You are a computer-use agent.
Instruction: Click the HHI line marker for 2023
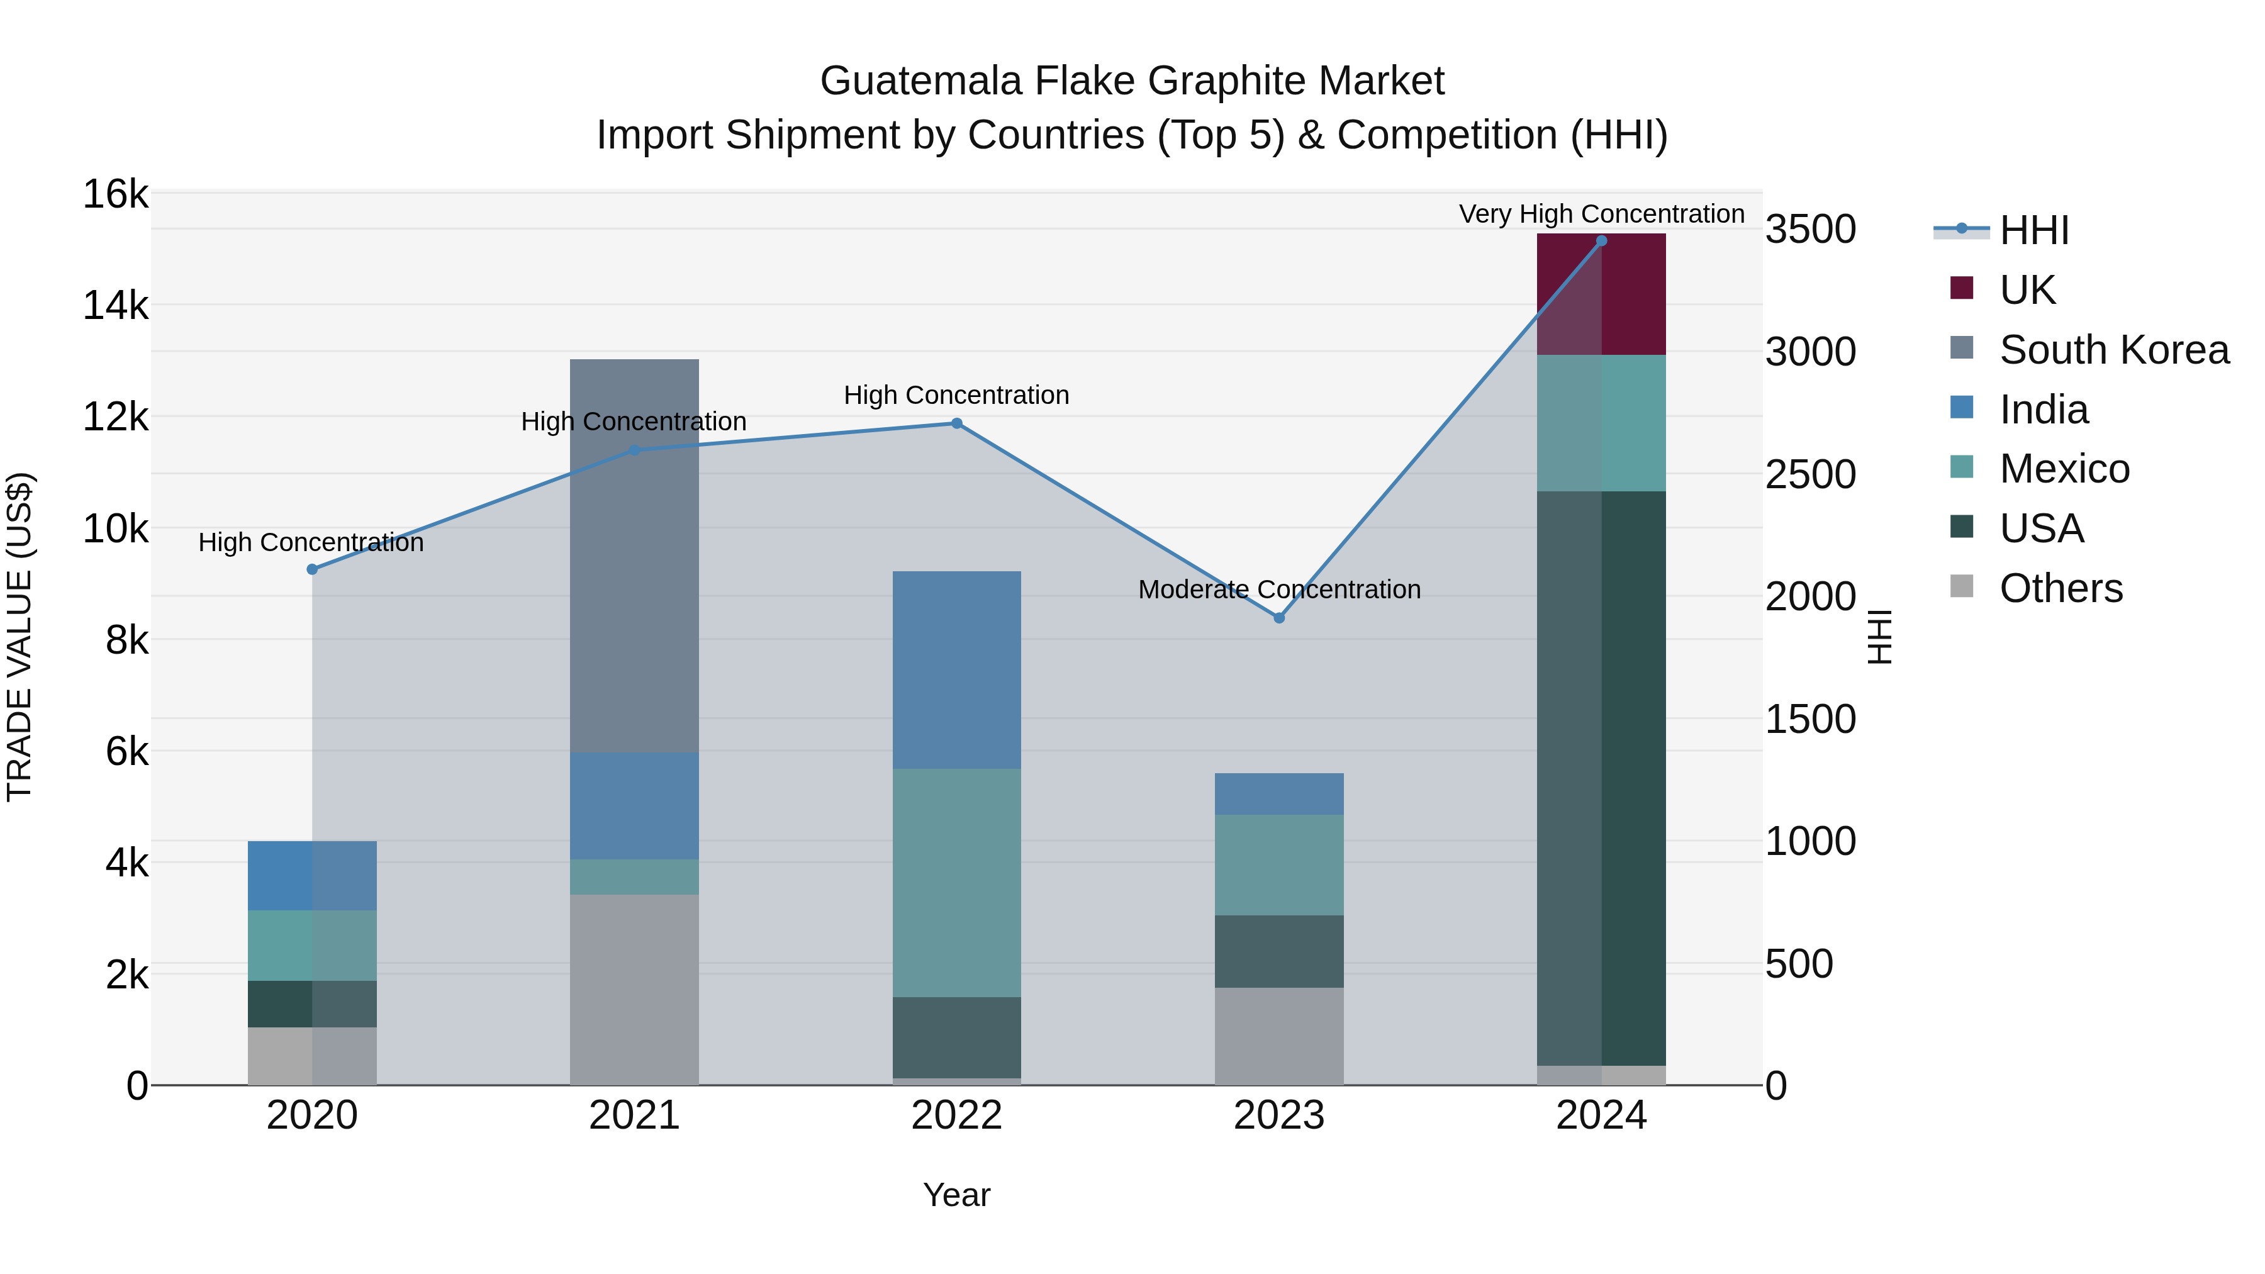pyautogui.click(x=1279, y=618)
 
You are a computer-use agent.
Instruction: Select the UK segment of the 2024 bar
pyautogui.click(x=1601, y=294)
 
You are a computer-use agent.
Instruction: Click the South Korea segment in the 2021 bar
pyautogui.click(x=634, y=556)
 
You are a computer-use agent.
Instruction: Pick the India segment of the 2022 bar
pyautogui.click(x=956, y=670)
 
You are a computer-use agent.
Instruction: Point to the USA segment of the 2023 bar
pyautogui.click(x=1279, y=951)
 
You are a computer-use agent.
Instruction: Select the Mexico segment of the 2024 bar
pyautogui.click(x=1601, y=423)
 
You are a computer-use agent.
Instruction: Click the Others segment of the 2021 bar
pyautogui.click(x=634, y=989)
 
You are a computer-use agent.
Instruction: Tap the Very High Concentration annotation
pyautogui.click(x=1601, y=214)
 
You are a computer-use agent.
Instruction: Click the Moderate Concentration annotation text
pyautogui.click(x=1279, y=589)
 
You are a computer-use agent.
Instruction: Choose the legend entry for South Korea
pyautogui.click(x=2114, y=350)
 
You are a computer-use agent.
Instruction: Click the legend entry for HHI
pyautogui.click(x=2033, y=230)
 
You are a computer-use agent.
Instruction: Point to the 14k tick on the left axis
pyautogui.click(x=115, y=306)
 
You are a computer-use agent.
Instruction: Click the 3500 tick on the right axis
pyautogui.click(x=1810, y=230)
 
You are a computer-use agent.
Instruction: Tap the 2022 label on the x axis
pyautogui.click(x=956, y=1115)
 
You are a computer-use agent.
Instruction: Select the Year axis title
pyautogui.click(x=956, y=1195)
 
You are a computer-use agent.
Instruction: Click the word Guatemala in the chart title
pyautogui.click(x=920, y=81)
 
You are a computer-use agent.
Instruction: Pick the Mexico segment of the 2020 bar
pyautogui.click(x=312, y=945)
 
